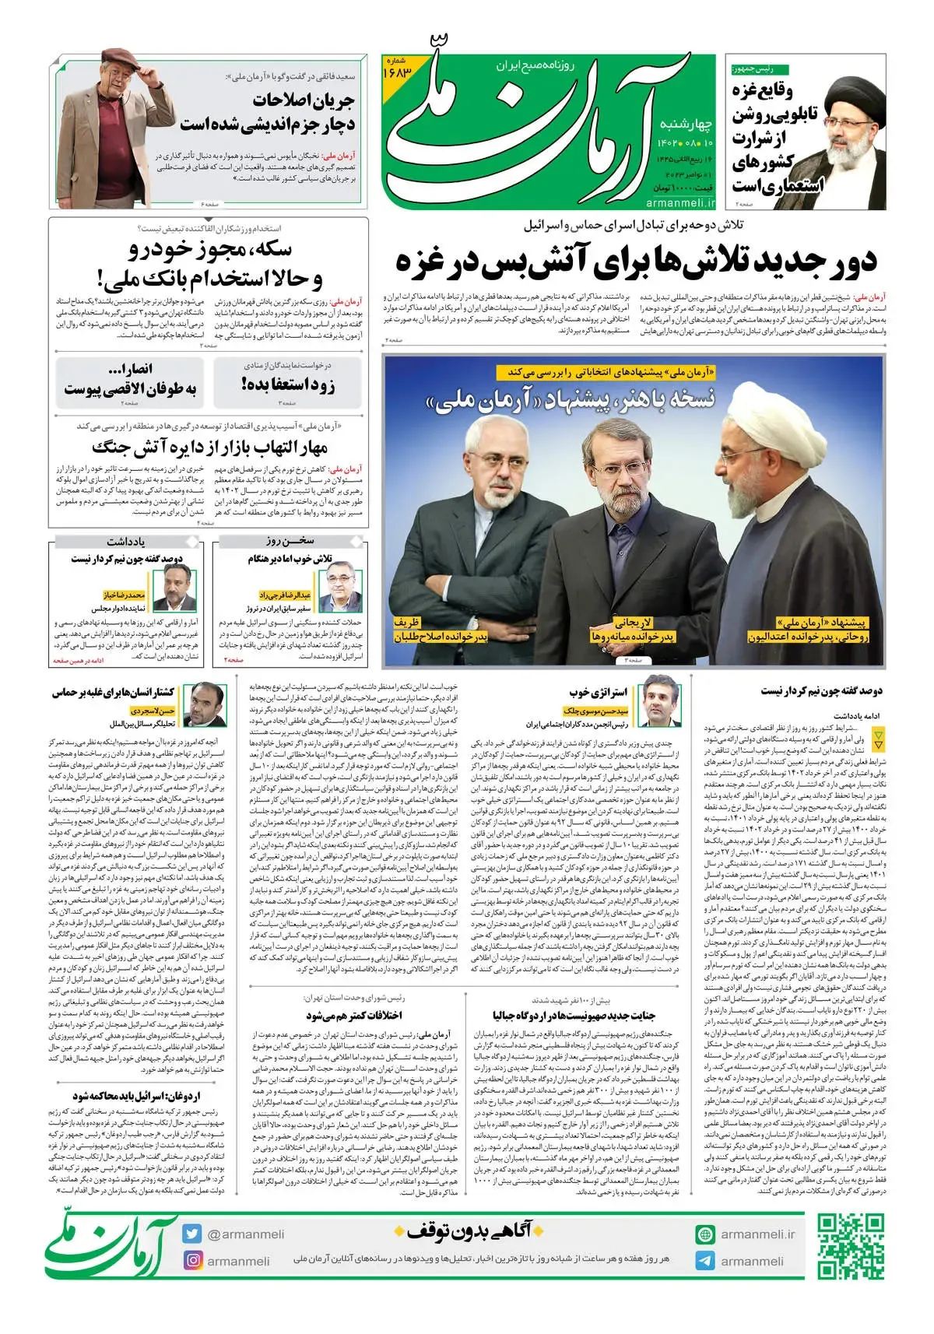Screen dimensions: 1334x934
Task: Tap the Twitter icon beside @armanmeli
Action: pyautogui.click(x=191, y=1234)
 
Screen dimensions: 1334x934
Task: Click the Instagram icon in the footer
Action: pyautogui.click(x=191, y=1260)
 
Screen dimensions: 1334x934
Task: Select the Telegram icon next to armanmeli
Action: pyautogui.click(x=705, y=1261)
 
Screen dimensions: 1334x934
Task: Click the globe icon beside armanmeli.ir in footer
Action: pyautogui.click(x=705, y=1234)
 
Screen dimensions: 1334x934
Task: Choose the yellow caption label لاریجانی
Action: pyautogui.click(x=634, y=622)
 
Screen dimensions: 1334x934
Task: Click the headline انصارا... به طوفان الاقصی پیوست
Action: pyautogui.click(x=130, y=379)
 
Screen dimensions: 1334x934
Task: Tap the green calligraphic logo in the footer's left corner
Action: pyautogui.click(x=109, y=1244)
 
